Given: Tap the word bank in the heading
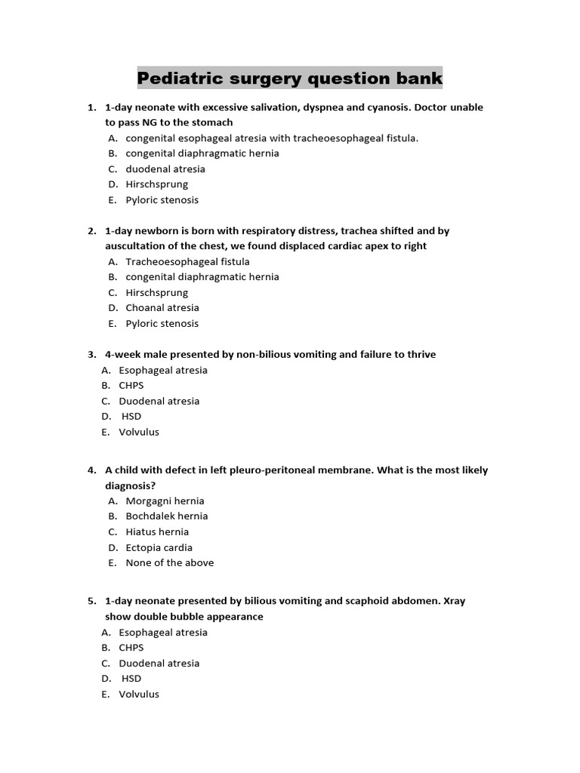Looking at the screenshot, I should coord(417,78).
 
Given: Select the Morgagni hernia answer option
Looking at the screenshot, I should coord(165,500).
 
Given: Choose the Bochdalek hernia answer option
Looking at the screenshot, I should coord(166,516).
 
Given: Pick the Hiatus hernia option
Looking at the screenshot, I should coord(157,531).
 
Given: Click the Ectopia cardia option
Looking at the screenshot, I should coord(159,547).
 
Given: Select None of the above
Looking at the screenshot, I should coord(169,562).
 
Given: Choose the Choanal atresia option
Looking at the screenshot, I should coord(162,308).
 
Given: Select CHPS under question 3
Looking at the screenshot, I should coord(131,386).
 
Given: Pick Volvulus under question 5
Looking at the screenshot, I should coord(139,694).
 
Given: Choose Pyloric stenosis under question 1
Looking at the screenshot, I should coord(162,200).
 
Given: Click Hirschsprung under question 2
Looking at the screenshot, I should coord(156,293).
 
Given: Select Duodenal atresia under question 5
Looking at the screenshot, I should coord(159,664).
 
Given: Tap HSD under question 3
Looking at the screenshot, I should coord(131,417).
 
